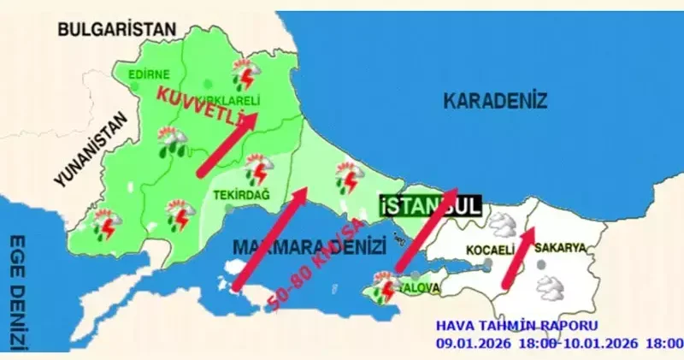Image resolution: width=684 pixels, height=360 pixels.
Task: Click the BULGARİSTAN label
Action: click(x=116, y=29)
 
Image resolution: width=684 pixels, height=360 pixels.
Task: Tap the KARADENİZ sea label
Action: click(x=494, y=101)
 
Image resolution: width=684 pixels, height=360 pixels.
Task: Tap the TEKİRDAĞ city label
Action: click(x=240, y=195)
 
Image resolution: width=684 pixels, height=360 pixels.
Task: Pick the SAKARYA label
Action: click(x=560, y=248)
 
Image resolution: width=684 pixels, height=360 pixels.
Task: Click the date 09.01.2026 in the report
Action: click(x=471, y=343)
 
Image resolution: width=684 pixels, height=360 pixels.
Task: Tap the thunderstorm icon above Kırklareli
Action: click(x=246, y=74)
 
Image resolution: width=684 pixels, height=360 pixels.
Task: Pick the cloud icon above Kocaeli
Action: click(x=502, y=225)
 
